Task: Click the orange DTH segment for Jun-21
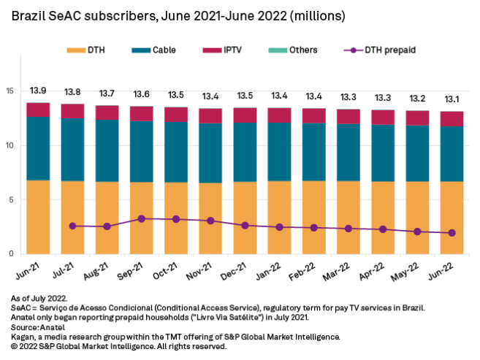[38, 216]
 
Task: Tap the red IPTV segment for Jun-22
[452, 119]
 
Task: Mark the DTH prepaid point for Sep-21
[141, 218]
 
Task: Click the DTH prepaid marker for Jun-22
[452, 233]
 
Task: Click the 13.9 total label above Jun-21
[38, 90]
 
